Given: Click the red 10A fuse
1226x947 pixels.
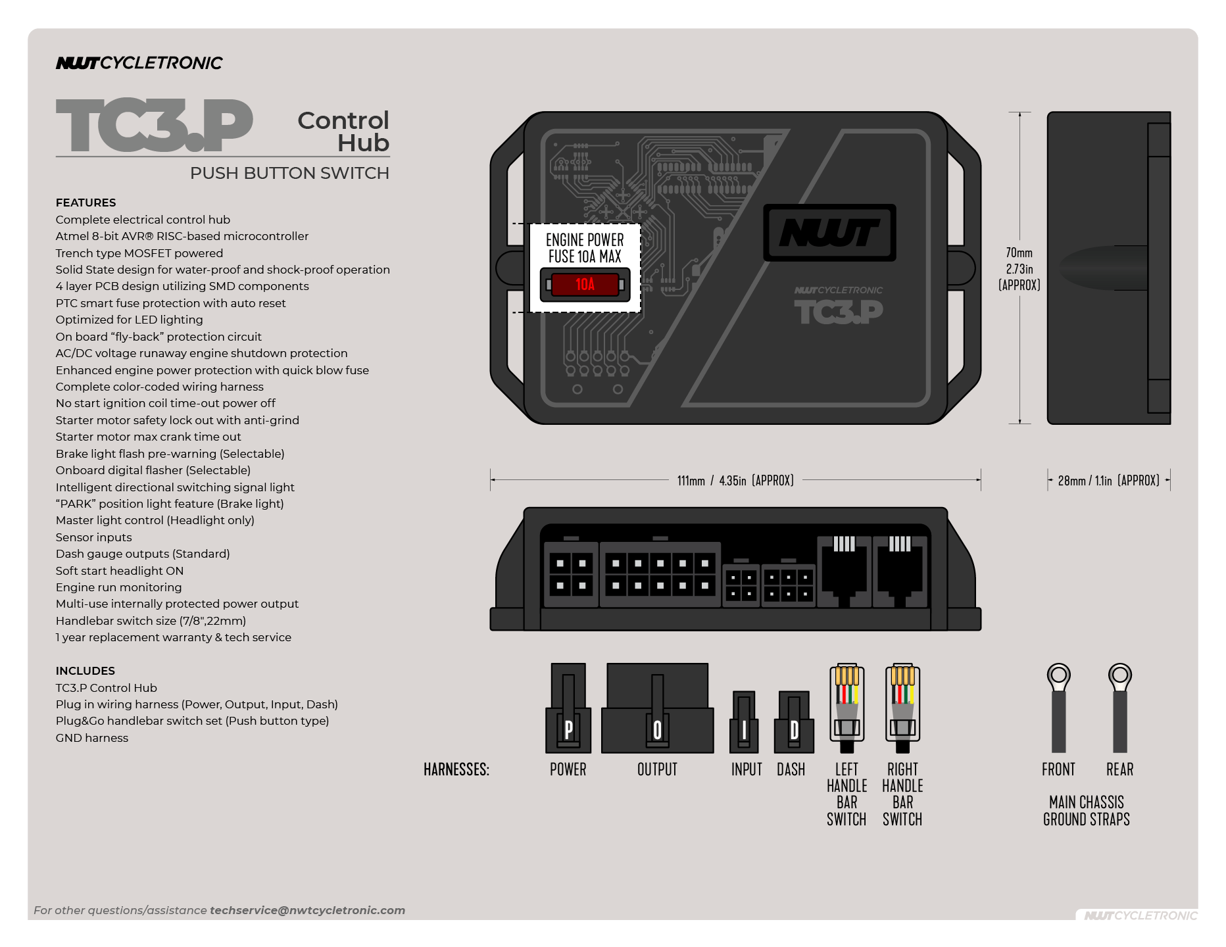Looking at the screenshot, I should coord(585,284).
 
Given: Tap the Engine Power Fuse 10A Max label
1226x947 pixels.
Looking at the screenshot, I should coord(585,248).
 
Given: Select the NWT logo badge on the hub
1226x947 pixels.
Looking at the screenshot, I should coord(829,233).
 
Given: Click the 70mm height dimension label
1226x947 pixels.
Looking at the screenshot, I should coord(1019,268).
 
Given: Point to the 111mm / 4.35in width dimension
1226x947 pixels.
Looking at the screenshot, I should coord(735,481).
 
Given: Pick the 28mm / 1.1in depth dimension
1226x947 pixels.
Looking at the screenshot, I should coord(1108,481).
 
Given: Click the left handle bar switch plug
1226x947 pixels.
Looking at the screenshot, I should coord(846,708).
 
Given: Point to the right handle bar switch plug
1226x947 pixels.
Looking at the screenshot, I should coord(902,708).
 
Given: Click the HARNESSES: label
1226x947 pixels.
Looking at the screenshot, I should coord(456,769).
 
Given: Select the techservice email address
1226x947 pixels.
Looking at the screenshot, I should coord(307,910).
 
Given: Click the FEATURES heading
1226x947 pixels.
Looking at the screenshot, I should coord(86,203).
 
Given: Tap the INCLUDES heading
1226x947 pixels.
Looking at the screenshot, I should coord(86,671).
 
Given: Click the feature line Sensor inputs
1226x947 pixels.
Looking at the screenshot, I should coord(93,537).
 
